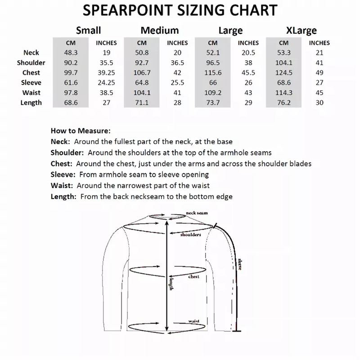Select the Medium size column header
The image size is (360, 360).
point(160,31)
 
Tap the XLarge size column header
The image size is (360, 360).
point(301,31)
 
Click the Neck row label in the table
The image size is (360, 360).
point(31,53)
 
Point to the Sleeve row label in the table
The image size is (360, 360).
point(31,83)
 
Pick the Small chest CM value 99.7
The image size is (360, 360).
point(71,73)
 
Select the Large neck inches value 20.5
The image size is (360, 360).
point(248,53)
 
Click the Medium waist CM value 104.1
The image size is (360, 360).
point(142,93)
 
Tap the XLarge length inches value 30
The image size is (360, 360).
point(319,103)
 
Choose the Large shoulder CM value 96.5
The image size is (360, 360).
point(213,63)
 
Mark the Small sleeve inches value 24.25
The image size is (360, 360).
point(106,83)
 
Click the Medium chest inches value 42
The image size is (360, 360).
point(177,73)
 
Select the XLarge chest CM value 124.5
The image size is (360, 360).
point(284,73)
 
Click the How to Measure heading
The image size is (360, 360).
point(81,131)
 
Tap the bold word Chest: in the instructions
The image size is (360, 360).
point(62,164)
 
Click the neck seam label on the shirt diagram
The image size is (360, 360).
point(197,213)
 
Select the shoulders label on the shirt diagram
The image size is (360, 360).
point(190,235)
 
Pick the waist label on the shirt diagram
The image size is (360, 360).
point(194,321)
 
